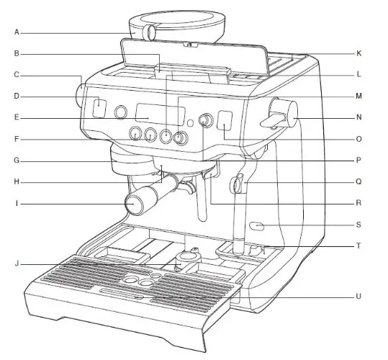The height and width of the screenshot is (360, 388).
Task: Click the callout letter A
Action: point(17,32)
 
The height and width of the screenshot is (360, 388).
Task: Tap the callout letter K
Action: point(358,53)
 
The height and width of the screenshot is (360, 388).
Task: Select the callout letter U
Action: point(358,296)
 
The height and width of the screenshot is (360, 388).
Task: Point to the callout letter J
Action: point(17,264)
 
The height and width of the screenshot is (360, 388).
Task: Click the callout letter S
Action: point(358,225)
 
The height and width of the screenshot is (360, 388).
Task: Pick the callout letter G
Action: point(17,161)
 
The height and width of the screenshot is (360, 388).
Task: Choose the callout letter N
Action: point(358,117)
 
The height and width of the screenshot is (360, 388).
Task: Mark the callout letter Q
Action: point(358,182)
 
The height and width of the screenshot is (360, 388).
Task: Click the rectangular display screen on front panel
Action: point(160,114)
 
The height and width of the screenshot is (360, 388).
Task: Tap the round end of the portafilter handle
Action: point(133,204)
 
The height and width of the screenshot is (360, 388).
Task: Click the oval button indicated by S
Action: point(257,226)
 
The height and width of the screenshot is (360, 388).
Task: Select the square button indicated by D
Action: point(99,108)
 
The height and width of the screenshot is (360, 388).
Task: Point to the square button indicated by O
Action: point(225,120)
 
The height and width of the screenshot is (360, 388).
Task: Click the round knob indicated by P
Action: point(206,120)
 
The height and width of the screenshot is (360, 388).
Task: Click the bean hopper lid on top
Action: point(177,19)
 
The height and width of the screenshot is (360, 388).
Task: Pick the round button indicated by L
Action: point(166,135)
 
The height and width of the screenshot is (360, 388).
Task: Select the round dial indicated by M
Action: point(181,138)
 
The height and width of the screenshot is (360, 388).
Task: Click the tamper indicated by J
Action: point(188,261)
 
